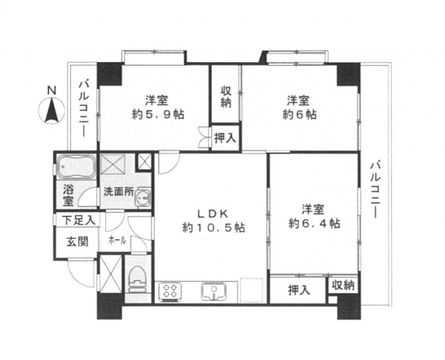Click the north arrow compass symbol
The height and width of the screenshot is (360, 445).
pyautogui.click(x=51, y=111)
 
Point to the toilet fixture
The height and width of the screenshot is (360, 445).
pyautogui.click(x=137, y=279)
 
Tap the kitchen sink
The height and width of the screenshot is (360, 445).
pyautogui.click(x=214, y=292)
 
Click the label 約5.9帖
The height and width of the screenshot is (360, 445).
pyautogui.click(x=158, y=114)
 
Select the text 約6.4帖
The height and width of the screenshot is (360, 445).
pyautogui.click(x=315, y=224)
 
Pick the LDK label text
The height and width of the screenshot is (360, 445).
pyautogui.click(x=213, y=214)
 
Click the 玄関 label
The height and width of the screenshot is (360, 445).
pyautogui.click(x=77, y=242)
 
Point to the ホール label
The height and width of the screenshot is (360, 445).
pyautogui.click(x=117, y=241)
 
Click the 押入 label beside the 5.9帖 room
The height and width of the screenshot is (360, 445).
pyautogui.click(x=225, y=138)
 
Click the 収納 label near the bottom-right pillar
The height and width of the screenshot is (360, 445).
pyautogui.click(x=344, y=285)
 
